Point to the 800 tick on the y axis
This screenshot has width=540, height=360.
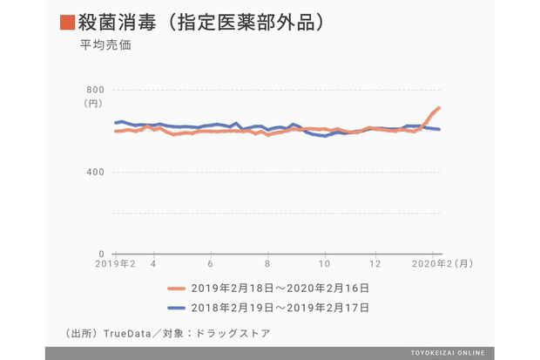95,90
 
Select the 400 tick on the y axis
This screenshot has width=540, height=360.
95,172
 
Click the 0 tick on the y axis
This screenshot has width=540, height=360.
101,254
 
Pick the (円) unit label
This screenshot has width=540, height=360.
93,104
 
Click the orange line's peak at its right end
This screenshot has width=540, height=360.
439,108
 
